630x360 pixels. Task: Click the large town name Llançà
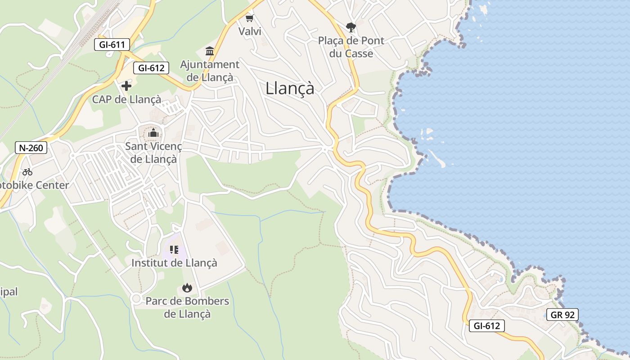(290, 88)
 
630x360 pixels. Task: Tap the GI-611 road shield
(112, 45)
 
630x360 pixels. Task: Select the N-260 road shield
(31, 148)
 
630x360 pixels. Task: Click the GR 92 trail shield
(562, 315)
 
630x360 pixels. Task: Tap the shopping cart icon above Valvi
(250, 18)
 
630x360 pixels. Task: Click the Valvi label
(250, 31)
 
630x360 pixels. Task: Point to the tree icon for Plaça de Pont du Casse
(351, 27)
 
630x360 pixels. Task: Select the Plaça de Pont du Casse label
(351, 47)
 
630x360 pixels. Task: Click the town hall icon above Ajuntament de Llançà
(210, 51)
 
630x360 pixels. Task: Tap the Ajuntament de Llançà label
(210, 71)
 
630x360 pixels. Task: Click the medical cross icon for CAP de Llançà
(126, 85)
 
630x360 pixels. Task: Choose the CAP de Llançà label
(126, 99)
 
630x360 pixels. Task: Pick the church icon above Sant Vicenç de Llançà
(153, 133)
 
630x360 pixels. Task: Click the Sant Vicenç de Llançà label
(153, 153)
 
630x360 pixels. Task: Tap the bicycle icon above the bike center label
(27, 171)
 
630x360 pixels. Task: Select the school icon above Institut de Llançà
(174, 249)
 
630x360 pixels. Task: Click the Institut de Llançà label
(174, 262)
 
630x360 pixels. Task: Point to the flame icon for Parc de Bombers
(187, 288)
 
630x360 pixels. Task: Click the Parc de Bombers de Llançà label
(187, 307)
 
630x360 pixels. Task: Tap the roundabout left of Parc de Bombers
(136, 298)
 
